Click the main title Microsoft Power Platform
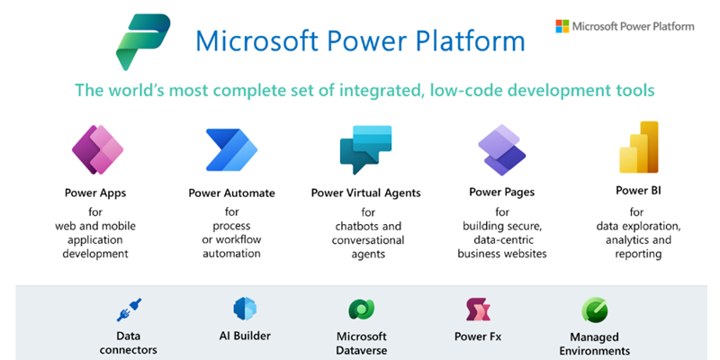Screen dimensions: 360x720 [x=360, y=40]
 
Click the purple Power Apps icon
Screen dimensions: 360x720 [x=97, y=149]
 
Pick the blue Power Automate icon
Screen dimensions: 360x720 [x=231, y=149]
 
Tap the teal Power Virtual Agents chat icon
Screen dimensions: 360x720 [x=365, y=150]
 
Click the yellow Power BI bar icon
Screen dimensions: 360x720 [x=638, y=148]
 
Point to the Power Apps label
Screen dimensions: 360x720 [x=94, y=192]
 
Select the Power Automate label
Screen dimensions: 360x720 [x=231, y=193]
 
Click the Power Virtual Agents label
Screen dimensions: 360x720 [x=365, y=193]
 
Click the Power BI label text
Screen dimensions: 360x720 [x=638, y=190]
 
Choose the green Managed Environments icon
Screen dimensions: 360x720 [x=594, y=310]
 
